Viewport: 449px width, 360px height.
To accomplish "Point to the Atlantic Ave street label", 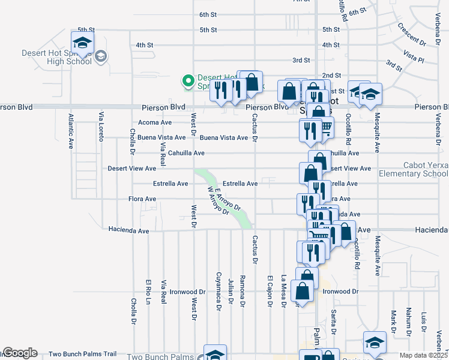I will [x=71, y=131].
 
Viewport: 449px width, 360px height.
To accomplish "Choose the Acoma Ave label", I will [x=155, y=122].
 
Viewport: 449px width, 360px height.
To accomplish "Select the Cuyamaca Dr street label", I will [x=218, y=294].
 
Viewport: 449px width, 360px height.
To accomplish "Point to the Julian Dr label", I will [x=231, y=291].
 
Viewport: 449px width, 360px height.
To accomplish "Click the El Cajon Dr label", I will [x=270, y=290].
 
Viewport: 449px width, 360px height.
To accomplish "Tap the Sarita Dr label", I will [x=334, y=321].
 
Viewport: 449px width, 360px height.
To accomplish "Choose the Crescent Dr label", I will [x=411, y=37].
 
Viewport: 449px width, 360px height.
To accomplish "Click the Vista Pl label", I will [x=414, y=57].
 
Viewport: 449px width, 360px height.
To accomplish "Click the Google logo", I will [x=19, y=353].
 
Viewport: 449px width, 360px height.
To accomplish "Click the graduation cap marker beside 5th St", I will [x=82, y=42].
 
